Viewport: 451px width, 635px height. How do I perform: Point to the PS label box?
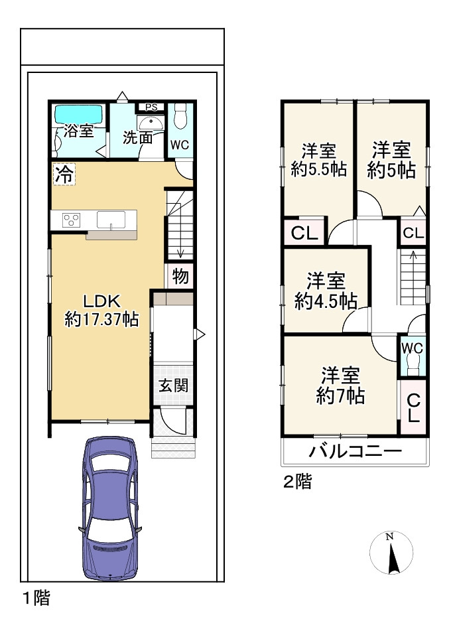[x=151, y=107]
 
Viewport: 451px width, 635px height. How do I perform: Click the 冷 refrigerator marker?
[x=64, y=175]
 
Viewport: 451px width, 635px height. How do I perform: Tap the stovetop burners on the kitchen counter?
[x=72, y=219]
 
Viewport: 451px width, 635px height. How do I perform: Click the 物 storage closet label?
[x=180, y=275]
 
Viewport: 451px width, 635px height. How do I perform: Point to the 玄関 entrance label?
[x=173, y=385]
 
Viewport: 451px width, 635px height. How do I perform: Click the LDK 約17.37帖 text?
[x=101, y=309]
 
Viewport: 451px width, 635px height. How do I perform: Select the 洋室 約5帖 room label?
[x=391, y=160]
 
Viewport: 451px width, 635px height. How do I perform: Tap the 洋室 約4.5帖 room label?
[x=326, y=291]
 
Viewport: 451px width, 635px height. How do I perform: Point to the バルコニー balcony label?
[x=355, y=453]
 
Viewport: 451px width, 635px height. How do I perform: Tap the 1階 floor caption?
[x=36, y=598]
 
